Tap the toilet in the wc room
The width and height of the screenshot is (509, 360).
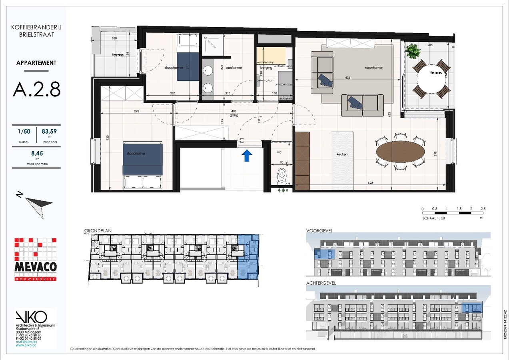[x=282, y=175]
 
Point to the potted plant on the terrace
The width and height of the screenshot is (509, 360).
[x=412, y=51]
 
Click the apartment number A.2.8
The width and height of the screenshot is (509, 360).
[x=36, y=89]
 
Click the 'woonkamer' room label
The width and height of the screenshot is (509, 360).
[x=373, y=68]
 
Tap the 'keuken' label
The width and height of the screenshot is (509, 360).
[x=342, y=154]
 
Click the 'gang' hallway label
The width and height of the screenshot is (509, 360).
[x=234, y=115]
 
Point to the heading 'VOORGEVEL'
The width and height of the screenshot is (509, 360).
[x=319, y=231]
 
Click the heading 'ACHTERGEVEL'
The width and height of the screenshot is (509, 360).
[x=321, y=283]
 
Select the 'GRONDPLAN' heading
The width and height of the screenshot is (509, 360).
[x=98, y=231]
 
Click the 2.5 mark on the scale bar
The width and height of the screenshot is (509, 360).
[x=483, y=209]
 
